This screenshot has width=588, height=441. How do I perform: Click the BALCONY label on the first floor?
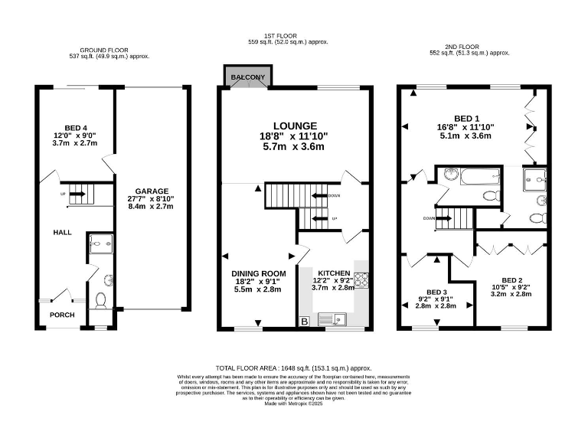pos(245,77)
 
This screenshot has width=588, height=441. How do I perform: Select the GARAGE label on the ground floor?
pos(153,191)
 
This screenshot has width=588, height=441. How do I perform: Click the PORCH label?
pos(62,315)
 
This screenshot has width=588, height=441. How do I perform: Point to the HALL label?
pos(63,231)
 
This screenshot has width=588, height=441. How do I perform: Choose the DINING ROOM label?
pos(260,273)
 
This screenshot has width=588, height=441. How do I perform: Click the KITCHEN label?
pos(335,273)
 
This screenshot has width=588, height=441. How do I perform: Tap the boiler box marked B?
pos(305,322)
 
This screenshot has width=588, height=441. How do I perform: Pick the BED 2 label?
pos(512,281)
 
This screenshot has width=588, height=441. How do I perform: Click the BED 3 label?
pos(437,292)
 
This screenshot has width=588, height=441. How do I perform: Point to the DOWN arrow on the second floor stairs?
pos(443,217)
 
